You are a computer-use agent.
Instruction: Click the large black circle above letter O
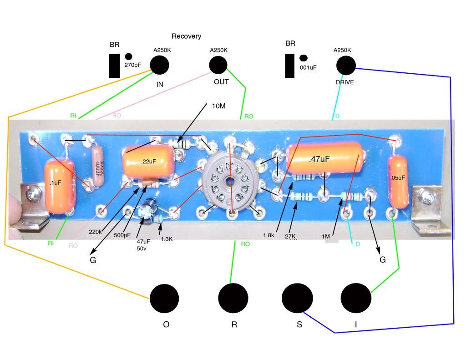(x=164, y=299)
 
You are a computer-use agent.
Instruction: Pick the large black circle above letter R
(x=233, y=298)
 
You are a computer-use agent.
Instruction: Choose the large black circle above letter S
(x=297, y=298)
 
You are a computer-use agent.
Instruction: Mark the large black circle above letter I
(x=356, y=298)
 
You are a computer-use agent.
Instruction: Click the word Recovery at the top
(x=186, y=36)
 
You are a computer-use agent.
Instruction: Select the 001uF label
(x=308, y=67)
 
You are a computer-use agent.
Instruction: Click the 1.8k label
(x=269, y=235)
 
